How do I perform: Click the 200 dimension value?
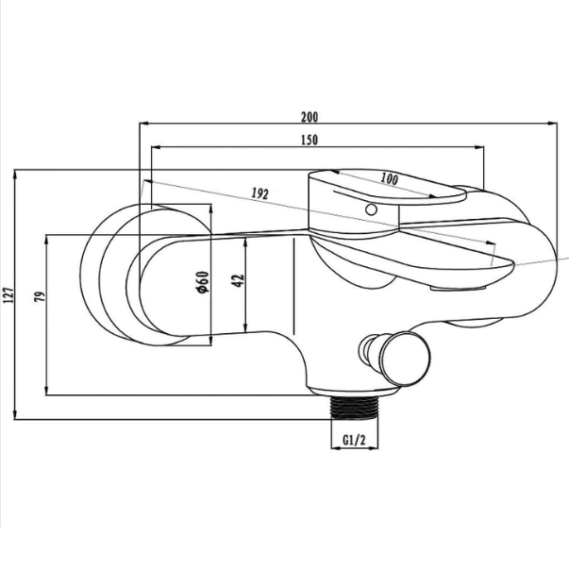coord(310,117)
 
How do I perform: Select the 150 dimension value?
coord(310,140)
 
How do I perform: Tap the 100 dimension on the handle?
coord(389,178)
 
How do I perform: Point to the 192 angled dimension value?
coord(261,192)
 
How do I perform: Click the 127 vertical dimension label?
coord(9,294)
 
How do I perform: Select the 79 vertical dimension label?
coord(39,296)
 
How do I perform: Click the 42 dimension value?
coord(240,280)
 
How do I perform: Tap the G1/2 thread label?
coord(353,440)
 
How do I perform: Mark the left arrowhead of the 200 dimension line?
coord(143,124)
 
